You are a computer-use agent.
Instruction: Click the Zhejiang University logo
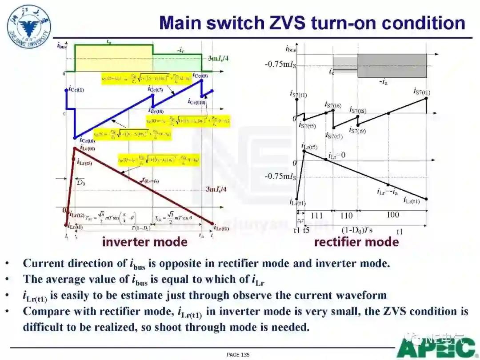coord(29,27)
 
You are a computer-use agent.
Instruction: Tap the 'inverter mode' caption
coord(144,242)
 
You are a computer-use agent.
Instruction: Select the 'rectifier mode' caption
coord(356,242)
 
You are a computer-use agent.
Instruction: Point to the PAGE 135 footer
coord(238,355)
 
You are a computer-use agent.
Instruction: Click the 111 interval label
coord(316,216)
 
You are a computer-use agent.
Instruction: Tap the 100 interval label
coord(392,215)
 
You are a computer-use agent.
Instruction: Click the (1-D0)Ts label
coord(356,230)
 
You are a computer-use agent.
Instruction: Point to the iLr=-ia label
coord(387,192)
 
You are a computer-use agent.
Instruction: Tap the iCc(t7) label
coord(155,91)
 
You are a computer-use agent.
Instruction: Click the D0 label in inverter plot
coord(80,182)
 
